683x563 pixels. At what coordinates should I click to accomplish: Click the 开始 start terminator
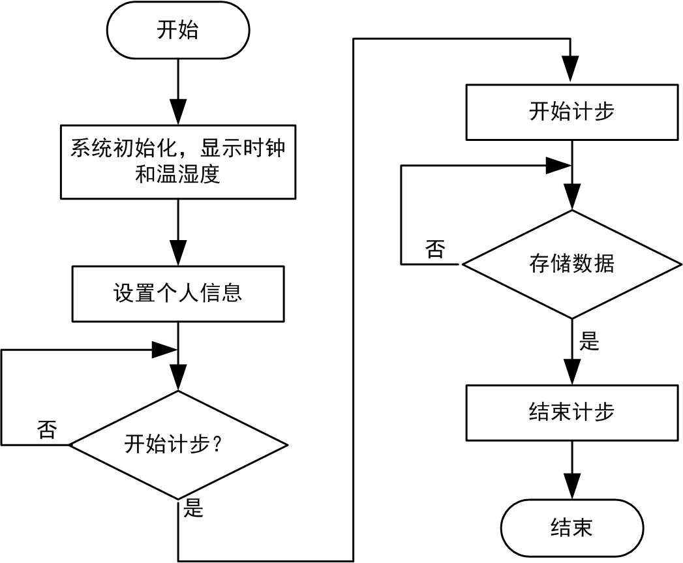pos(177,31)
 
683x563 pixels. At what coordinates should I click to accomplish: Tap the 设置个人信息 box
pos(177,292)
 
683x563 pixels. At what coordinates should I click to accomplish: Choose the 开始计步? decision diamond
pos(177,446)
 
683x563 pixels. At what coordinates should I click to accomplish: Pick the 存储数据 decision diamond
pos(571,264)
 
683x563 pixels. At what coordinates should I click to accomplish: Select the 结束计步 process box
pos(571,413)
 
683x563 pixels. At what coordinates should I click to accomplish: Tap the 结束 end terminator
pos(571,527)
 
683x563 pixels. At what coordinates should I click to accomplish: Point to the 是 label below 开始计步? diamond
pos(194,508)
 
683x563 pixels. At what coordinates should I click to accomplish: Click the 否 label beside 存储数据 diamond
pos(436,249)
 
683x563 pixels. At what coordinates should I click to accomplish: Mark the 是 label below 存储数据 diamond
pos(589,341)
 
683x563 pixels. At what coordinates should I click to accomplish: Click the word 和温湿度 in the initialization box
pos(177,175)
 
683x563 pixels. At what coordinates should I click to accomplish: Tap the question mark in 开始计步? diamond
pos(219,446)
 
